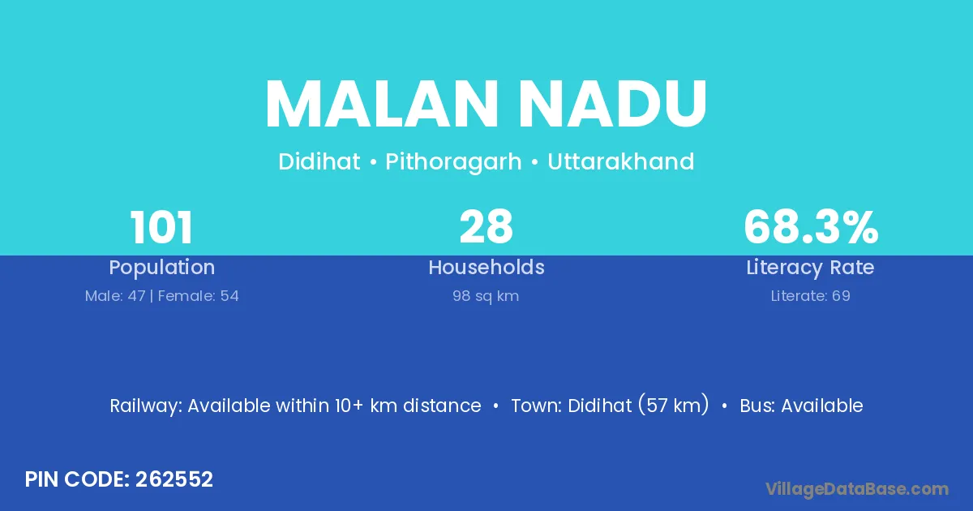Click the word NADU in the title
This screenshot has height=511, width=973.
pos(612,104)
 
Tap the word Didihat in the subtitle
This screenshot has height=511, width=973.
pos(319,161)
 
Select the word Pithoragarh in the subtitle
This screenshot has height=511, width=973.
pos(453,162)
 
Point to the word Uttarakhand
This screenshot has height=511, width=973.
pos(621,161)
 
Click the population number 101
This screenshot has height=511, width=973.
pos(161,227)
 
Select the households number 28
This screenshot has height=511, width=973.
pos(486,227)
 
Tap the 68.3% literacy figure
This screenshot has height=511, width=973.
pos(811,227)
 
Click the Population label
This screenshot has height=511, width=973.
pos(161,268)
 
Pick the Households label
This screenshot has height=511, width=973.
pos(486,267)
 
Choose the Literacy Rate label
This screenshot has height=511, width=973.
pos(810,268)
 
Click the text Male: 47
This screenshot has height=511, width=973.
pos(115,296)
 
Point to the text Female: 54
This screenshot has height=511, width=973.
pos(198,296)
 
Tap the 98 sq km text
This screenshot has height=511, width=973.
pos(486,296)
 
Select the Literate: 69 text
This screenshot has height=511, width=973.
pos(811,296)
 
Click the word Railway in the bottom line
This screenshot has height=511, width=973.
pos(146,406)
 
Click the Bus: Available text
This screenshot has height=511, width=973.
pos(801,406)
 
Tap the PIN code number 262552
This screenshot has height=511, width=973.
pos(174,479)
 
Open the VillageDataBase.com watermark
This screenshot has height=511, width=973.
pos(857,489)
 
